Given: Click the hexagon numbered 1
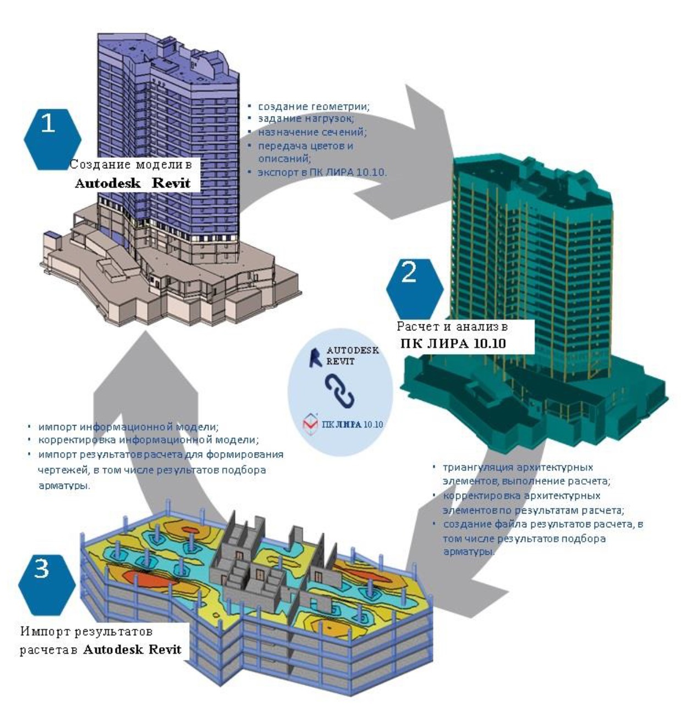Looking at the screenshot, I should click(x=52, y=137).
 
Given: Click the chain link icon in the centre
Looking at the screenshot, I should click(x=339, y=391).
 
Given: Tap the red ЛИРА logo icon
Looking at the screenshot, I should click(x=310, y=424).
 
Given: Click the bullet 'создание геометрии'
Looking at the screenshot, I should click(x=314, y=106).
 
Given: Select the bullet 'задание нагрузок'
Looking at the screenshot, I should click(x=306, y=118).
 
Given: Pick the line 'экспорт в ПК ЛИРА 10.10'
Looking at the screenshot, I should click(x=322, y=172).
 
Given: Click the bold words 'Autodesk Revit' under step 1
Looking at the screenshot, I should click(x=133, y=184).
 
